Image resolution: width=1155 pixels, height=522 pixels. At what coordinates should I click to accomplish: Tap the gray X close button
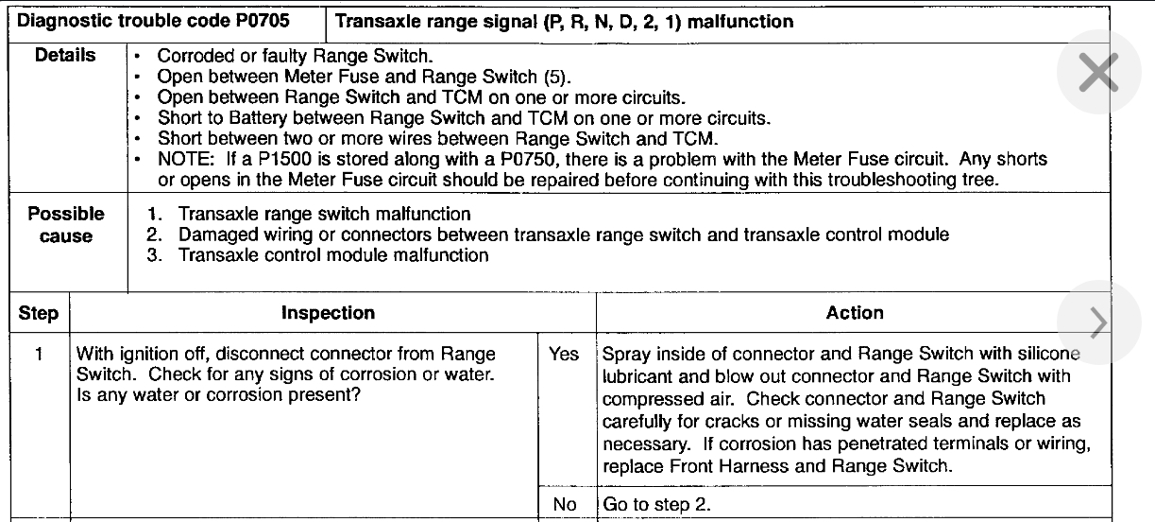pyautogui.click(x=1099, y=72)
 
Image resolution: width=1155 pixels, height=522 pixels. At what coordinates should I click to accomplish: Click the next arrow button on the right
pyautogui.click(x=1099, y=322)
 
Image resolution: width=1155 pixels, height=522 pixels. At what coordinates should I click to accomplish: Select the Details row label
pyautogui.click(x=65, y=56)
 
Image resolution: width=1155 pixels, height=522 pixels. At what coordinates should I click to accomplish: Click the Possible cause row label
pyautogui.click(x=66, y=225)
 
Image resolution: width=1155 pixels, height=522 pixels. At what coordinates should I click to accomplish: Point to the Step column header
pyautogui.click(x=39, y=313)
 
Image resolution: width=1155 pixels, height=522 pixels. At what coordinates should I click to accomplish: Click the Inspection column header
pyautogui.click(x=328, y=313)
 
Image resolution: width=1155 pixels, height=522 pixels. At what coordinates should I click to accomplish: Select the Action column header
pyautogui.click(x=855, y=313)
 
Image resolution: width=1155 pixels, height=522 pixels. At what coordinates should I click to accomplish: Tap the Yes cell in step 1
pyautogui.click(x=564, y=355)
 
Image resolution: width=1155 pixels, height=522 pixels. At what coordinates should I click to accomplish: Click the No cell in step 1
pyautogui.click(x=565, y=505)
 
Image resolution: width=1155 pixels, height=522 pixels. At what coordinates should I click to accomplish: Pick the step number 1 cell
pyautogui.click(x=39, y=355)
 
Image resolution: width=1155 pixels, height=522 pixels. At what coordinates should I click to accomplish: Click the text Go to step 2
pyautogui.click(x=656, y=505)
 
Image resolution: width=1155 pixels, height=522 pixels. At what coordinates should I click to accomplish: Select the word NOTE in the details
pyautogui.click(x=180, y=161)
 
